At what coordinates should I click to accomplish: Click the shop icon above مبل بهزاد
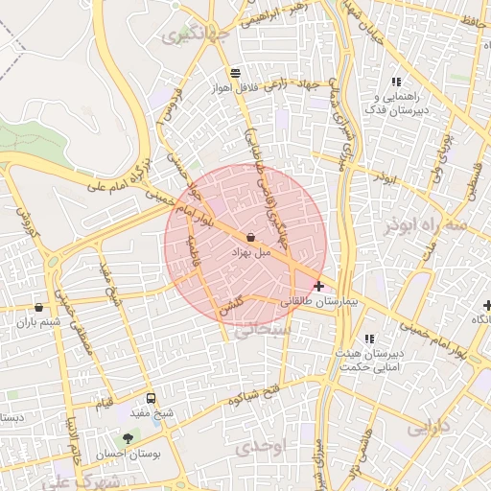pyautogui.click(x=250, y=237)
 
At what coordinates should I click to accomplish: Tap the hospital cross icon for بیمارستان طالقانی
pyautogui.click(x=318, y=286)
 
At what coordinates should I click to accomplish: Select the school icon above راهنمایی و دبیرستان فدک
pyautogui.click(x=396, y=82)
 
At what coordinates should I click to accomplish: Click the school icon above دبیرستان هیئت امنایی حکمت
pyautogui.click(x=369, y=339)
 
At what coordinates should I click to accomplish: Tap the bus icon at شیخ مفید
pyautogui.click(x=151, y=398)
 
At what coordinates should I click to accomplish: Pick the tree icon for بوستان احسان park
pyautogui.click(x=128, y=438)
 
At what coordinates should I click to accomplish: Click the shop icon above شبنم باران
pyautogui.click(x=38, y=308)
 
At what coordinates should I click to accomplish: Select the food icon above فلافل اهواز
pyautogui.click(x=235, y=73)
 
